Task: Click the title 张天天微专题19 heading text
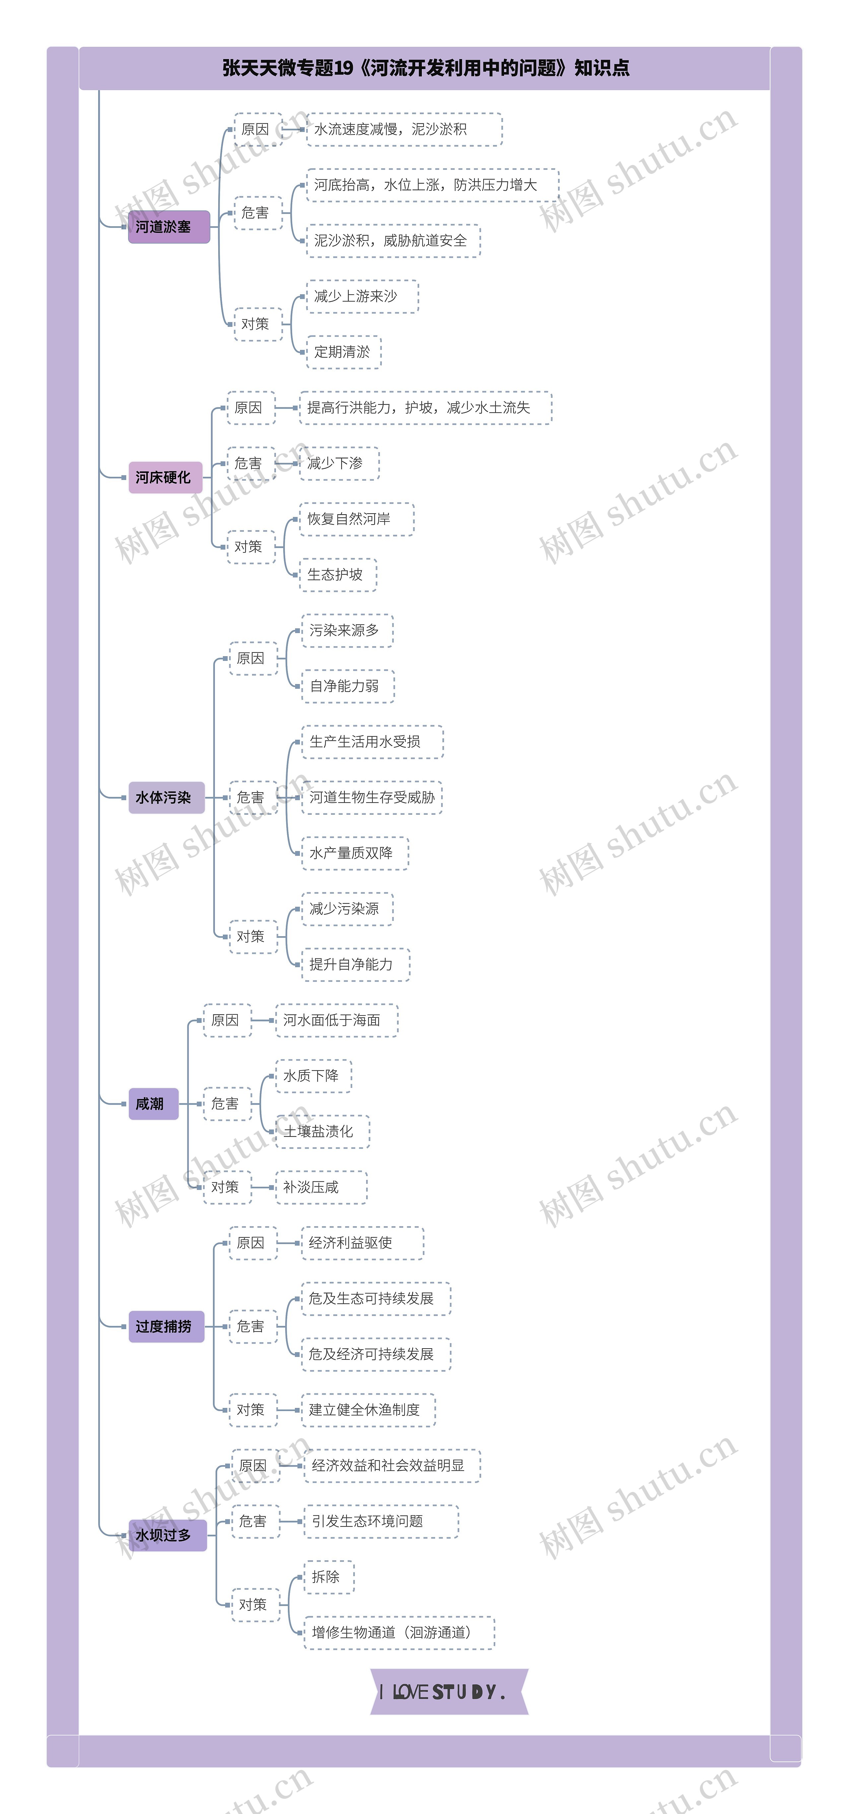(x=425, y=68)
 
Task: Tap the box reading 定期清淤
(x=343, y=352)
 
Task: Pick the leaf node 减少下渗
(x=339, y=463)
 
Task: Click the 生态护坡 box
(x=337, y=575)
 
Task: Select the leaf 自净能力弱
(x=347, y=686)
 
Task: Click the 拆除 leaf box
(x=328, y=1577)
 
